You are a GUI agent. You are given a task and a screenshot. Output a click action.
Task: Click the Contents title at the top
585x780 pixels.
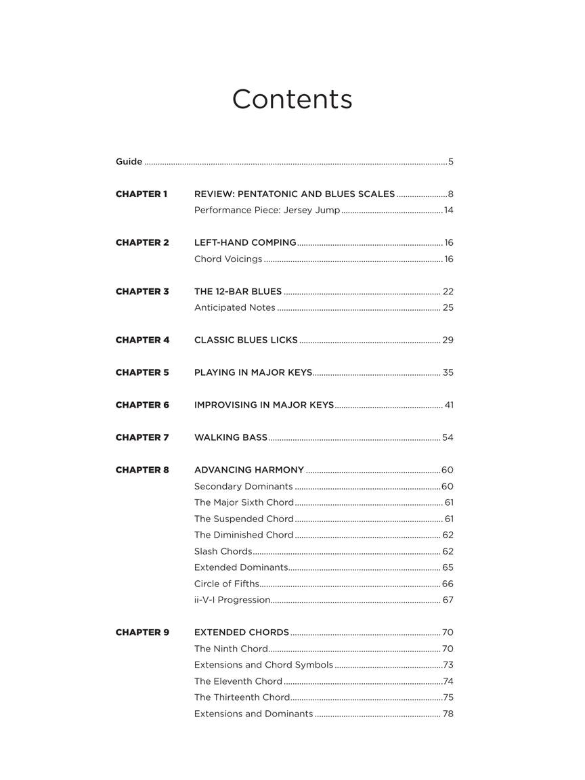[x=292, y=99]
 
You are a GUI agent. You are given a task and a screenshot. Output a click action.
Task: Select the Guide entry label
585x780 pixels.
[x=129, y=162]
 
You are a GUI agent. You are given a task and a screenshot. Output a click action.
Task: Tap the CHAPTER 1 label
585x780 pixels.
[x=142, y=194]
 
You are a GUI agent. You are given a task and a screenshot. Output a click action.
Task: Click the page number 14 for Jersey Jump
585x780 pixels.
[x=448, y=211]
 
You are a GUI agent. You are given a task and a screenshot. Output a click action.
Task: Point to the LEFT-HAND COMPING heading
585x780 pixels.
[x=245, y=242]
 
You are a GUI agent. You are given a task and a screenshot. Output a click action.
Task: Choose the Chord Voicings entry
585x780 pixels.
[x=228, y=259]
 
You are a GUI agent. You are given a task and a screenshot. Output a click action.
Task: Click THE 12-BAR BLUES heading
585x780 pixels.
[x=238, y=292]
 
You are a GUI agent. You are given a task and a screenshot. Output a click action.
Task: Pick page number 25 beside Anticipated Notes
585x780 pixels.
[x=448, y=308]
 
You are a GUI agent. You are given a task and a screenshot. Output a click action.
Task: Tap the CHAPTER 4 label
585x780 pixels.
[x=142, y=340]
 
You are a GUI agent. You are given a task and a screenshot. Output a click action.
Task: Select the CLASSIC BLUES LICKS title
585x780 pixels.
[x=246, y=340]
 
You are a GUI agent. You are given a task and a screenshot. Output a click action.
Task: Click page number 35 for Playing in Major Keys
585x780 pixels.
[x=448, y=372]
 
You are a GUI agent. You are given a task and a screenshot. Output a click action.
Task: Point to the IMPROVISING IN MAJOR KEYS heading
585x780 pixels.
[x=264, y=405]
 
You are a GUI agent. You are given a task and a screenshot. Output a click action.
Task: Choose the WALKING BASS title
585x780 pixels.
[x=231, y=437]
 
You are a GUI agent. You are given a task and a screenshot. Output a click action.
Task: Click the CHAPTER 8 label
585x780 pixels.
[x=142, y=470]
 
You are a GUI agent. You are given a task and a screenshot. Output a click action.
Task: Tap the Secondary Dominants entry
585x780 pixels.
[x=243, y=486]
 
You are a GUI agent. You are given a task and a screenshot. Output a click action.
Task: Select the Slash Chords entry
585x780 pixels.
[x=223, y=551]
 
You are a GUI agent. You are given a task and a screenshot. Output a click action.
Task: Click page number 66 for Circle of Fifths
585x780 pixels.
[x=448, y=584]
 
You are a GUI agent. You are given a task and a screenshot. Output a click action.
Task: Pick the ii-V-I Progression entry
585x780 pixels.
[x=232, y=600]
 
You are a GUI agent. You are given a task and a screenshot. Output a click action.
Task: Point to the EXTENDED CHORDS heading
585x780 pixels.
[x=242, y=632]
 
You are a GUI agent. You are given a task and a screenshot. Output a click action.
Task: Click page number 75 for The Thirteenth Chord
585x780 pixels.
[x=448, y=697]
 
